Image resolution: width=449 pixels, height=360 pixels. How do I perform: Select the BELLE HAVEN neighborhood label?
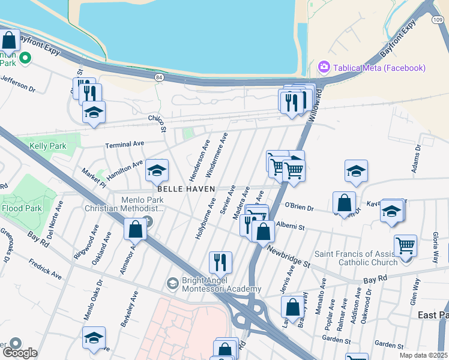point(186,188)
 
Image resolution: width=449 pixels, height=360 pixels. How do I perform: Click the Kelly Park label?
point(47,145)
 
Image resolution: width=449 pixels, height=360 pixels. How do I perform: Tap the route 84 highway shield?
point(158,77)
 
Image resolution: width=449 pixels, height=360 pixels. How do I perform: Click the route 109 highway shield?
point(437,20)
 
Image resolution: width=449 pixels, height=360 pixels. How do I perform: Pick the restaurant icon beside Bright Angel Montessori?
point(220,261)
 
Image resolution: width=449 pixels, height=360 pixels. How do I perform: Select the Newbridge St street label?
point(289,256)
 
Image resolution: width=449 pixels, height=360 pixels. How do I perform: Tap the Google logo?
point(20,353)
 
